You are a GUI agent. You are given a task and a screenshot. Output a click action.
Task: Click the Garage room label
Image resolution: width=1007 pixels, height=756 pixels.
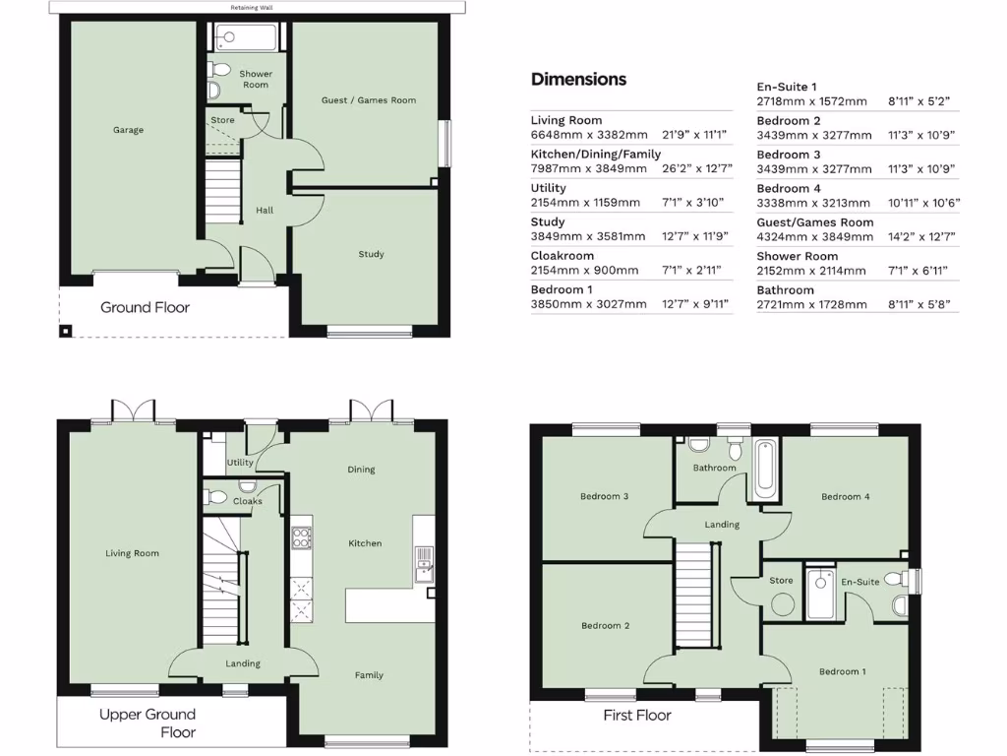[x=128, y=130]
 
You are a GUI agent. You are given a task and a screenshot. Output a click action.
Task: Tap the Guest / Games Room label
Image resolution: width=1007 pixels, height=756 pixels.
[x=368, y=100]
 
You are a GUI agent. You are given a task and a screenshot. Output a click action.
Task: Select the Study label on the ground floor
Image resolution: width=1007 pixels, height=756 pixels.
[x=371, y=255]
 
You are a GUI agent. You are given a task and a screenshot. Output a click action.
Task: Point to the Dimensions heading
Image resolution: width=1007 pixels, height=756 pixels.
[x=578, y=79]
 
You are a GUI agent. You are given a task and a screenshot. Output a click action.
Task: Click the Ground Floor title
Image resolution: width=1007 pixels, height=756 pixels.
[x=145, y=307]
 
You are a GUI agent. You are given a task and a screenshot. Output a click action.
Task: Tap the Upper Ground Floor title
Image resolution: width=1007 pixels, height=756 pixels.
[x=148, y=723]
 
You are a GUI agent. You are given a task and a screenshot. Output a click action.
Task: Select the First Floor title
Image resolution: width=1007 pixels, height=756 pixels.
[x=637, y=715]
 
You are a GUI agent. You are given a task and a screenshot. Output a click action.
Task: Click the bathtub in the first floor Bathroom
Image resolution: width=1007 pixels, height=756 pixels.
[x=764, y=470]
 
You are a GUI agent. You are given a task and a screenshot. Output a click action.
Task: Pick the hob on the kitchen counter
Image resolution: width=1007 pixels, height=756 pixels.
[x=302, y=537]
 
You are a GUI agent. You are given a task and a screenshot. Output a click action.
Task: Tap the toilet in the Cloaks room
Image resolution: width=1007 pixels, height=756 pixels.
[x=218, y=496]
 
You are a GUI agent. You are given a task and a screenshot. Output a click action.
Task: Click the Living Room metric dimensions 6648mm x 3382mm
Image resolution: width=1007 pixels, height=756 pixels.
[x=589, y=135]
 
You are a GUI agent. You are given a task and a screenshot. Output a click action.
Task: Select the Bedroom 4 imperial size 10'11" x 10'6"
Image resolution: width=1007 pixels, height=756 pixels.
[x=923, y=203]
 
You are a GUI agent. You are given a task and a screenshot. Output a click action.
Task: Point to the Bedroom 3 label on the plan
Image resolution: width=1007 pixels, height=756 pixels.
[x=604, y=496]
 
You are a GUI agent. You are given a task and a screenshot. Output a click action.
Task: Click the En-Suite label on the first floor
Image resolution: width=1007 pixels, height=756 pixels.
[x=859, y=582]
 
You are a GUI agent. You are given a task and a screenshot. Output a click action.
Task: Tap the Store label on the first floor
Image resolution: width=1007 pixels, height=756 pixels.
[x=781, y=581]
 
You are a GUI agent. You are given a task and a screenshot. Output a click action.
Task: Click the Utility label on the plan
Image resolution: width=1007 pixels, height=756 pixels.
[x=240, y=463]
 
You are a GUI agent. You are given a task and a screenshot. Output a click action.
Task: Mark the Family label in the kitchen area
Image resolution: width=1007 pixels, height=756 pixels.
[x=369, y=675]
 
